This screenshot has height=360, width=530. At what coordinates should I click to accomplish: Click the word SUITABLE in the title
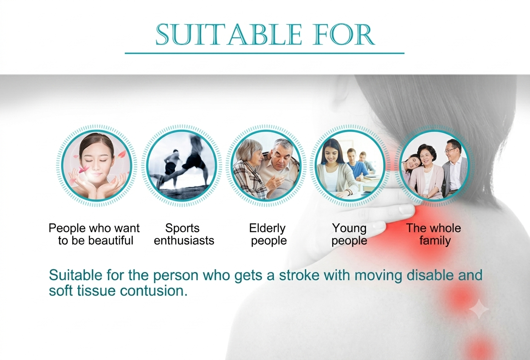pos(228,34)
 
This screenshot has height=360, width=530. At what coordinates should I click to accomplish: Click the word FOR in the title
pos(344,34)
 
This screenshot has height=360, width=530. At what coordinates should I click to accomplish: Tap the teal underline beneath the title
pos(265,53)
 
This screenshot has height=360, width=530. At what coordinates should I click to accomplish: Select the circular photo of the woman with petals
pos(96,166)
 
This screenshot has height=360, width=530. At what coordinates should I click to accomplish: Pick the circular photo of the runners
pos(181,166)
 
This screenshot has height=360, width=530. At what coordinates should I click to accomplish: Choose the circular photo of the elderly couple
pos(266,166)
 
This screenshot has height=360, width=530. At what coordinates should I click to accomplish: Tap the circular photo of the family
pos(434,166)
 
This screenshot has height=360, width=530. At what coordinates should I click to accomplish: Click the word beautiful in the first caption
pos(111,241)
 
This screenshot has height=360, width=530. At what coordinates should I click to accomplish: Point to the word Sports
pos(182,228)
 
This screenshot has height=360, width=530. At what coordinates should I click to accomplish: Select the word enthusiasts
pos(184,241)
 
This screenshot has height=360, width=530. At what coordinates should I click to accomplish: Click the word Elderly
pos(268,228)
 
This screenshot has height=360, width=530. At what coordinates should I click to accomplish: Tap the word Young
pos(349,228)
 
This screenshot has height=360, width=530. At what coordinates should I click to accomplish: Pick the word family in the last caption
pos(435,241)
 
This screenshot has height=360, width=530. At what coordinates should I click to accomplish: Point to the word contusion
pos(154,291)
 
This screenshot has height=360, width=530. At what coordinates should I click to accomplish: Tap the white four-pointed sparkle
pos(479,309)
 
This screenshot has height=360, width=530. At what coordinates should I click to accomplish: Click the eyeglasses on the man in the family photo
pos(451,150)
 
